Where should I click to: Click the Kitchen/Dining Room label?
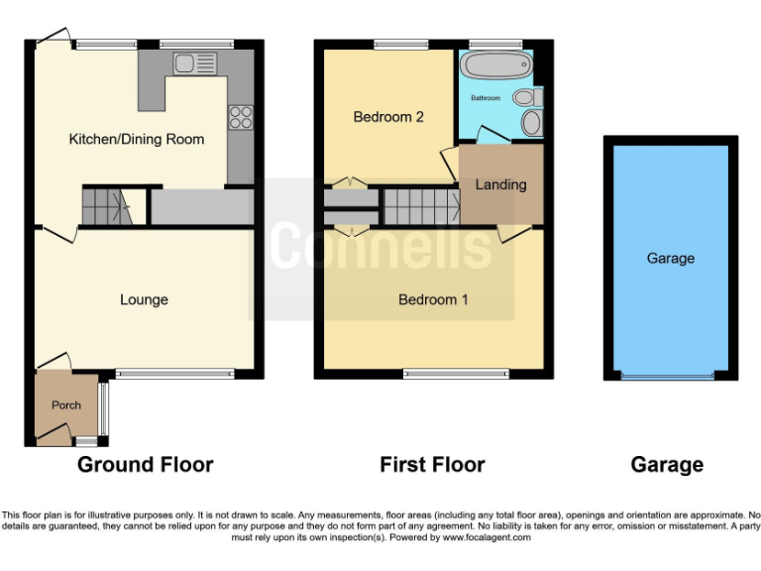pos(136,140)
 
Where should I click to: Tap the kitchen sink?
pos(193,64)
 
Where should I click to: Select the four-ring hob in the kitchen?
pos(240,117)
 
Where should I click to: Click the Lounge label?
pos(144,299)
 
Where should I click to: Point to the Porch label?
pos(66,405)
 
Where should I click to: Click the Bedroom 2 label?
pos(388,117)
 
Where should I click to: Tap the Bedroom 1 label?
pos(433,299)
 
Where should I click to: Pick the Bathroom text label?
pos(486,99)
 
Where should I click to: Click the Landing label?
pos(501,184)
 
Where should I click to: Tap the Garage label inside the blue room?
pos(671,258)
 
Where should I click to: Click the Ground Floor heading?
pos(145,464)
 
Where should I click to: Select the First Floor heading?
pos(433,464)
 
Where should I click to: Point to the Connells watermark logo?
pos(381,246)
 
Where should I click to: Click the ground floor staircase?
pos(105,206)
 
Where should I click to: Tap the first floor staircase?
pos(420,206)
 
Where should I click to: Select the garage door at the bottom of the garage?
pos(666,376)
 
